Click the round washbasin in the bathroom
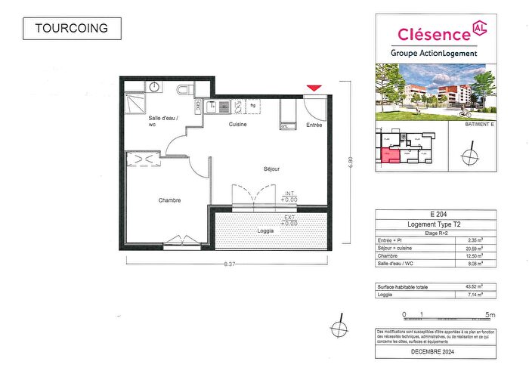(x=154, y=87)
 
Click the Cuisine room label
(x=239, y=124)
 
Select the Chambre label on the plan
(x=169, y=200)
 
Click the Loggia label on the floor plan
(x=265, y=230)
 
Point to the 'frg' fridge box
(x=252, y=106)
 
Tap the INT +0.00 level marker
(x=289, y=197)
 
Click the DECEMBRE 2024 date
(x=436, y=353)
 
